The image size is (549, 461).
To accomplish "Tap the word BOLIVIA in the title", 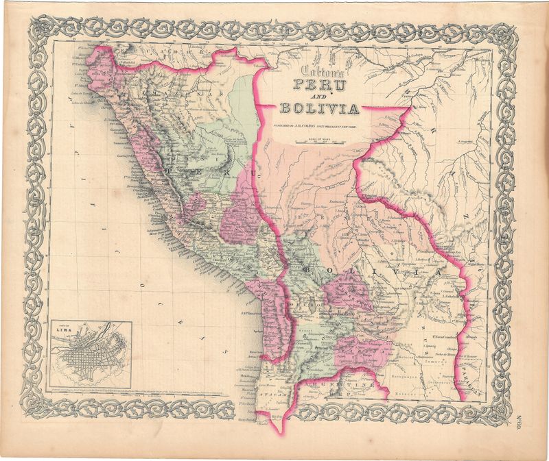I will point(318,109).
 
